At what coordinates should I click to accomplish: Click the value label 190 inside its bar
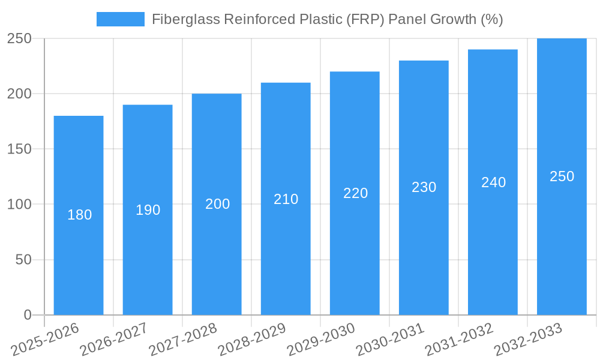coord(148,210)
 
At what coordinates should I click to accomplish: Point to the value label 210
coord(286,199)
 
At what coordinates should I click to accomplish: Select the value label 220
coord(355,193)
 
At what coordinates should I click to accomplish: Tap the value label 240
coord(493,182)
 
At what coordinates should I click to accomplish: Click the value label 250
coord(562,176)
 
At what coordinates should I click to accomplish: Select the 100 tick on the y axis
coord(20,205)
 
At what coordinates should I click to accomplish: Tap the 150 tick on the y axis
coord(20,149)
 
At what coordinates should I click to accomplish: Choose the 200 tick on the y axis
coord(20,94)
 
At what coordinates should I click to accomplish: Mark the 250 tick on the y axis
coord(20,39)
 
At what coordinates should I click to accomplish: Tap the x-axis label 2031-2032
coord(460,339)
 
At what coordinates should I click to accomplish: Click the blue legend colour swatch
coord(120,19)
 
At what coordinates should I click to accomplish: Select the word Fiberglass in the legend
coord(186,19)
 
